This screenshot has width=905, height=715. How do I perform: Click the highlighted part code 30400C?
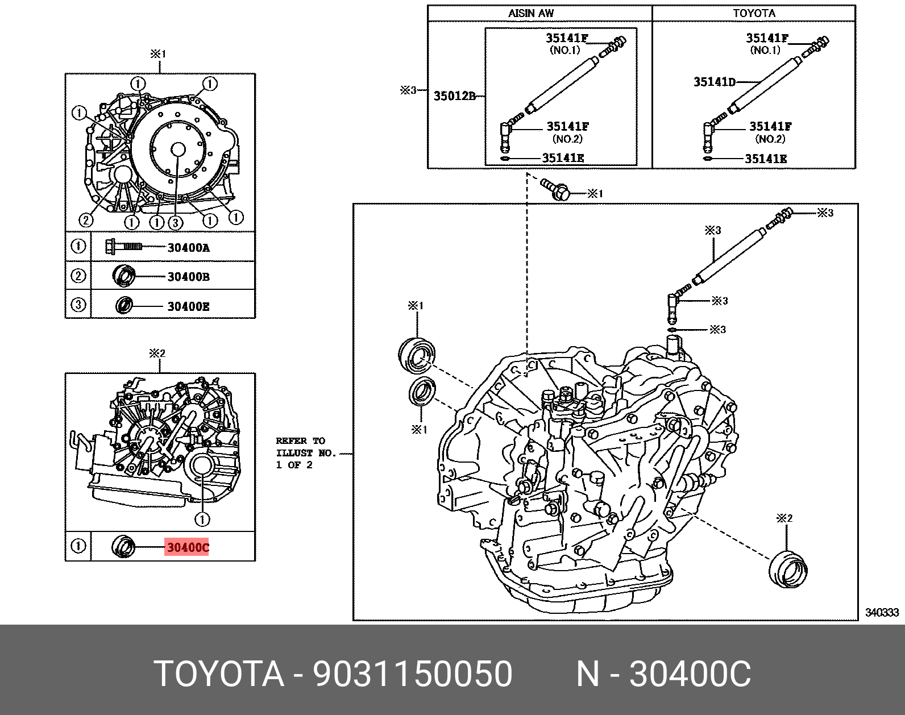[x=187, y=547]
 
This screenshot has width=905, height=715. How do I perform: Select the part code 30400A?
[x=188, y=247]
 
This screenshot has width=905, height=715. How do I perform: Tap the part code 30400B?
[x=188, y=277]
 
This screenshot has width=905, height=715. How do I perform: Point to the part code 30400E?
[x=188, y=306]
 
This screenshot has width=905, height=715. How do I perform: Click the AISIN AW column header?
[x=530, y=13]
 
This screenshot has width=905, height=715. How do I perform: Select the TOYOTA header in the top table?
[x=754, y=13]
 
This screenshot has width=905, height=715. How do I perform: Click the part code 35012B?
[x=454, y=96]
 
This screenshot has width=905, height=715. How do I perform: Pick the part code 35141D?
[x=714, y=82]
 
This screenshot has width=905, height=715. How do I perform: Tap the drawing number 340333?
[x=882, y=612]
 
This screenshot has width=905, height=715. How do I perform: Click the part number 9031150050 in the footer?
[x=413, y=674]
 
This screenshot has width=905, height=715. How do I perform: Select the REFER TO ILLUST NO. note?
[x=306, y=453]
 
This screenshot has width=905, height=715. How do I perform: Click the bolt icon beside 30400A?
[x=123, y=246]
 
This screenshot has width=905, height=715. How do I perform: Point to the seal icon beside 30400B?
[x=124, y=276]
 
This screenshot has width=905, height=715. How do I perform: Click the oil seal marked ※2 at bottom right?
[x=787, y=567]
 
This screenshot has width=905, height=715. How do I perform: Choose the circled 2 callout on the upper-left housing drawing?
[x=85, y=221]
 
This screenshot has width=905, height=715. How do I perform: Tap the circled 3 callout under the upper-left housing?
[x=175, y=222]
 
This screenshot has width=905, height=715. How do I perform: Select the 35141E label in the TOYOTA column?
[x=766, y=159]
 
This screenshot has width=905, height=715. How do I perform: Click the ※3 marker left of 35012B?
[x=408, y=90]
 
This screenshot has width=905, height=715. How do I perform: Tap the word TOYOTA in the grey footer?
[x=219, y=674]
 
